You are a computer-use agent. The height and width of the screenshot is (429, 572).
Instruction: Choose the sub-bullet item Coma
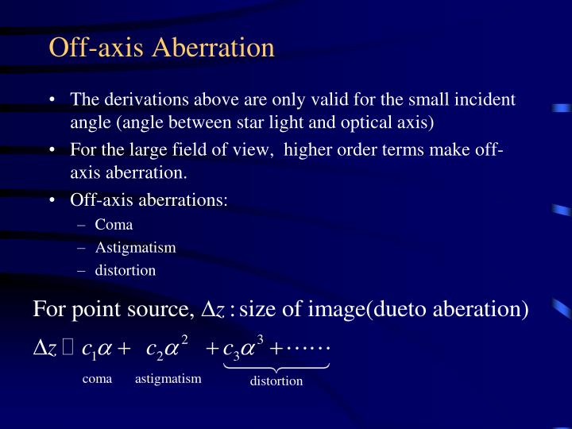pos(114,224)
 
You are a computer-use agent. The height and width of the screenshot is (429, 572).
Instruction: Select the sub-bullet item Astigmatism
pos(135,247)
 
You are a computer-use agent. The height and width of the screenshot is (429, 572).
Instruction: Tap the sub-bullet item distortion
pos(125,270)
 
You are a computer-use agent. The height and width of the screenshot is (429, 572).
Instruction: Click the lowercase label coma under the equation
pos(98,379)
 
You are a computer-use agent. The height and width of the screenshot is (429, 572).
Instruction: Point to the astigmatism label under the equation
pos(168,379)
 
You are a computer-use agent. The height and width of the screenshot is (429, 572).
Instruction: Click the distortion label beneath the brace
pos(276,381)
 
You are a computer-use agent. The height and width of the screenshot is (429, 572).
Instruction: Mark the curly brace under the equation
pos(276,365)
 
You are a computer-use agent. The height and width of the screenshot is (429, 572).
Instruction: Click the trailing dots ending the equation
pos(313,347)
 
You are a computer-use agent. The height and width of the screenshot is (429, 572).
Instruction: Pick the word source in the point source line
pos(161,308)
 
